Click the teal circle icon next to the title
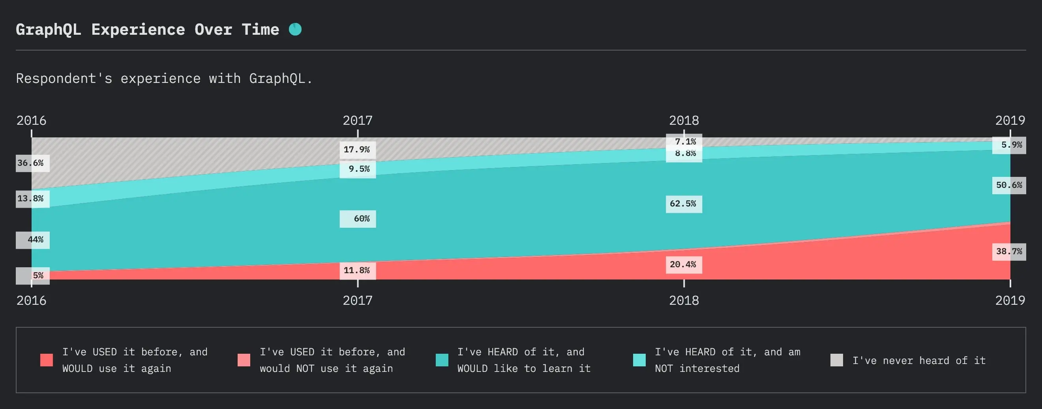pyautogui.click(x=295, y=29)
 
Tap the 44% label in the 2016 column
pyautogui.click(x=33, y=240)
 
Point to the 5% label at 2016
pyautogui.click(x=34, y=276)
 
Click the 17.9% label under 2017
pyautogui.click(x=357, y=150)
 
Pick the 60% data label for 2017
pyautogui.click(x=358, y=219)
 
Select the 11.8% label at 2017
pyautogui.click(x=357, y=270)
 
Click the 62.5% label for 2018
pyautogui.click(x=684, y=204)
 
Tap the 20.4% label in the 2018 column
pyautogui.click(x=684, y=265)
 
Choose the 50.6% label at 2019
pyautogui.click(x=1009, y=185)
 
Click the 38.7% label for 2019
pyautogui.click(x=1009, y=251)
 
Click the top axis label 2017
pyautogui.click(x=357, y=120)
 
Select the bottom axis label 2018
pyautogui.click(x=684, y=300)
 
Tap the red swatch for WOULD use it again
pyautogui.click(x=47, y=360)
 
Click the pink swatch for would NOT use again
pyautogui.click(x=244, y=360)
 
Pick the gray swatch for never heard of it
pyautogui.click(x=836, y=360)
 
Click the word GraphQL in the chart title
pyautogui.click(x=48, y=30)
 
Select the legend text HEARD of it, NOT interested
pyautogui.click(x=727, y=360)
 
